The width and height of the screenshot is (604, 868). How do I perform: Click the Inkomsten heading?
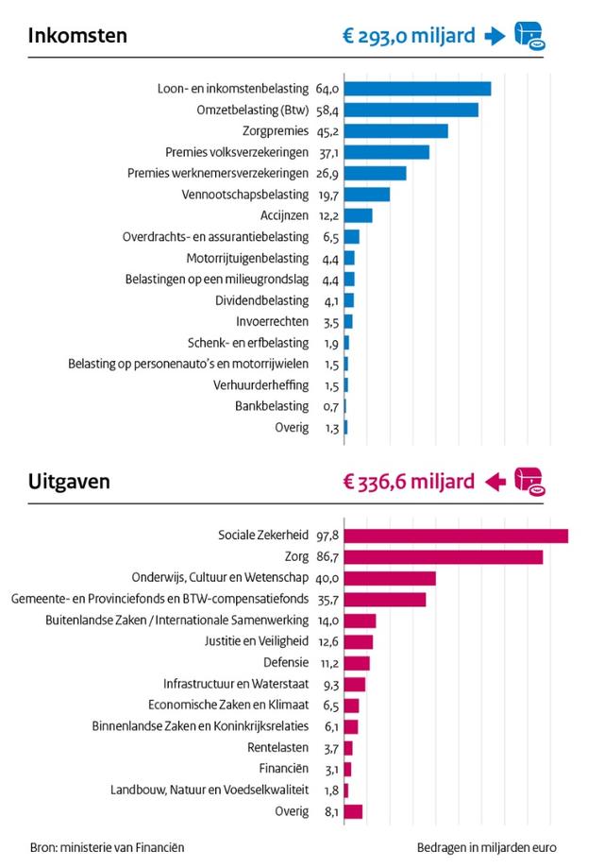tap(77, 36)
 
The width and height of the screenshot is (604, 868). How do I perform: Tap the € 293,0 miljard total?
tap(409, 36)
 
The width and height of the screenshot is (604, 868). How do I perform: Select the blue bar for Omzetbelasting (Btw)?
tap(411, 110)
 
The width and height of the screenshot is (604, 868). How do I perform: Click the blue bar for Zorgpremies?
tap(396, 131)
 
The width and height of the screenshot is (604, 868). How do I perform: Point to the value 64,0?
tap(327, 89)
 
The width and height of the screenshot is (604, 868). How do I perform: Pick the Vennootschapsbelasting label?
tap(245, 195)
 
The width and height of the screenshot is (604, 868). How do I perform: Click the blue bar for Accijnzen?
tap(358, 215)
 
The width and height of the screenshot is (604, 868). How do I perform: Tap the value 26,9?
tap(327, 174)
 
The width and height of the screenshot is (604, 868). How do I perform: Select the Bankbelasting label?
tap(272, 406)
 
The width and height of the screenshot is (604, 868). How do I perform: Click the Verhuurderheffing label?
tap(261, 385)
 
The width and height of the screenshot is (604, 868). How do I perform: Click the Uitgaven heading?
tap(69, 482)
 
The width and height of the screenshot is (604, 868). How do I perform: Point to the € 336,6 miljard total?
tap(409, 482)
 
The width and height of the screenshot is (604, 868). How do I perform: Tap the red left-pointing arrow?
tap(495, 482)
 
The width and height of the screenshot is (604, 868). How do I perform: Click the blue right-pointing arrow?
tap(495, 37)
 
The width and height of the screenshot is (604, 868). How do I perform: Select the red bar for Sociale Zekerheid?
tap(456, 536)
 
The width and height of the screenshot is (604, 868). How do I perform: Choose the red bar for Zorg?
tap(443, 557)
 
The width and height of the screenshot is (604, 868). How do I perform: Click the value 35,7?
tap(327, 600)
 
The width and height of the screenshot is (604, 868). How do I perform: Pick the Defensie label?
tap(286, 663)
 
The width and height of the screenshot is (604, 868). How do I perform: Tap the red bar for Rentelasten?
tap(348, 748)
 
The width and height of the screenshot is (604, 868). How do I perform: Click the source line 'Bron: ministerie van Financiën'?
tap(108, 847)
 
